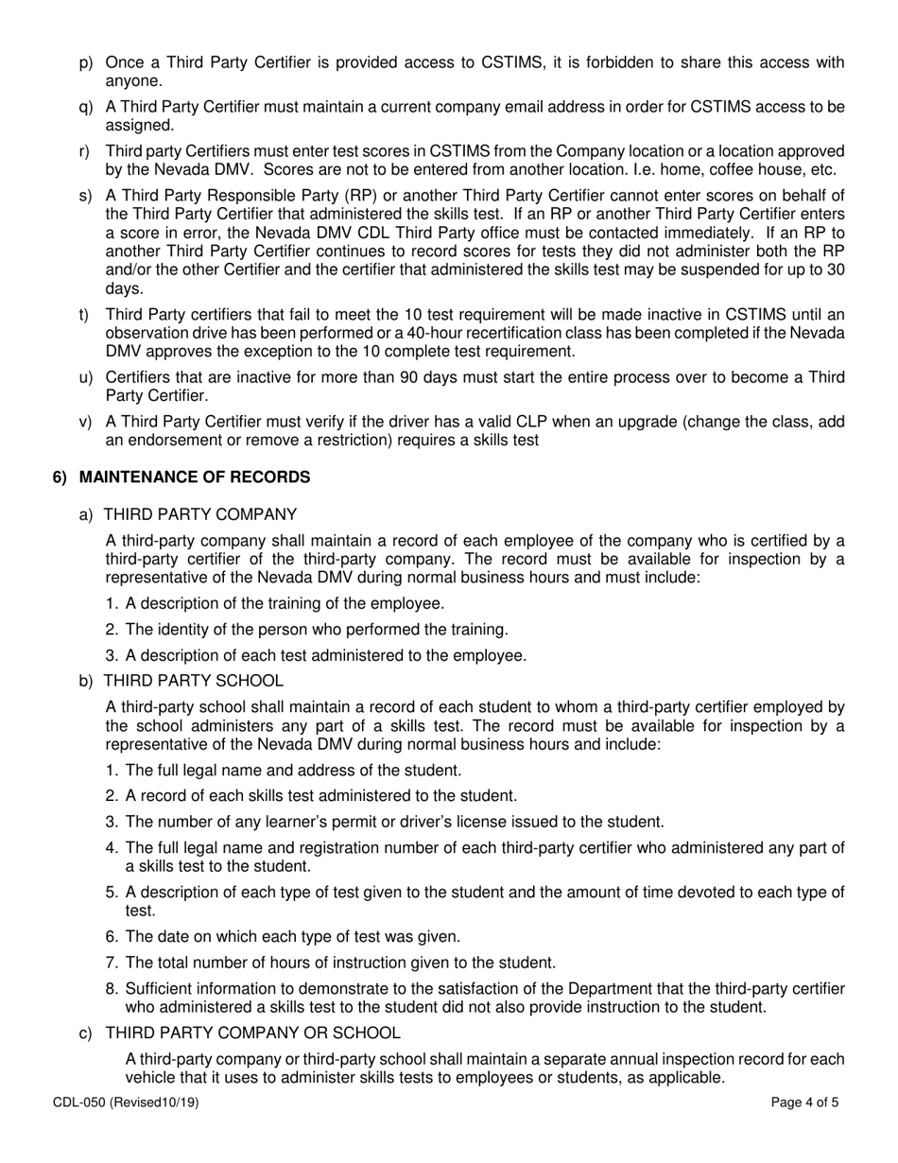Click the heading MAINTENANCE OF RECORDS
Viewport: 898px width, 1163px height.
pyautogui.click(x=194, y=477)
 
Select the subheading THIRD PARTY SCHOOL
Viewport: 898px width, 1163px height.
pyautogui.click(x=193, y=680)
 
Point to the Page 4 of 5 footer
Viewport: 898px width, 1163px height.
pyautogui.click(x=804, y=1102)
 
